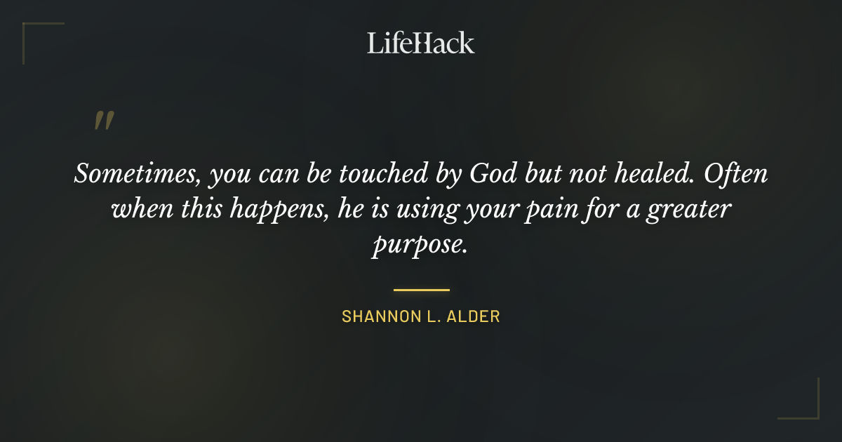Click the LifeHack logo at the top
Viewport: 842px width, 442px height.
tap(421, 43)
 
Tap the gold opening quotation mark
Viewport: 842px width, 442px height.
tap(104, 121)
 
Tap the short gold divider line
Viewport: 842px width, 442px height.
tap(421, 289)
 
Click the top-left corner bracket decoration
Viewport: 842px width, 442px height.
tap(32, 32)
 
